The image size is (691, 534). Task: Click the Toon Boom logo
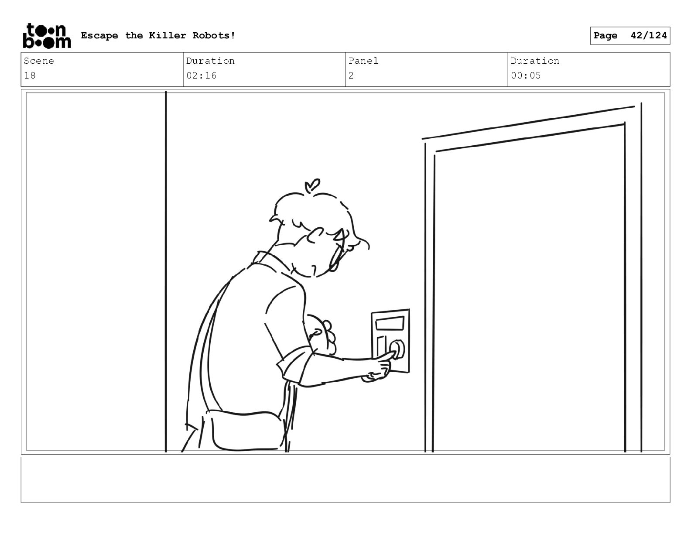(47, 36)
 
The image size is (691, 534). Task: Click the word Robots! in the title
(214, 35)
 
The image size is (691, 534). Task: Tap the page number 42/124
(649, 35)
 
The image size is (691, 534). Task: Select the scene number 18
(30, 75)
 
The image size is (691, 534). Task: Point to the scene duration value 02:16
(201, 75)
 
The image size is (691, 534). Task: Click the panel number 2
(351, 75)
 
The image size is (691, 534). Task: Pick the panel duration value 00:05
(526, 75)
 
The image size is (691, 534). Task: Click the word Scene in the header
(39, 61)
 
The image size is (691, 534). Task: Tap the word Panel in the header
(363, 61)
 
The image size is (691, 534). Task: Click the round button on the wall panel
(397, 349)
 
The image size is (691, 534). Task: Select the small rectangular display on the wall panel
(390, 323)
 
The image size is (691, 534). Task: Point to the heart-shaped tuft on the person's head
(312, 185)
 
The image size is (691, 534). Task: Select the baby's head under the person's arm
(321, 334)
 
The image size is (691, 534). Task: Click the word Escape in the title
(99, 36)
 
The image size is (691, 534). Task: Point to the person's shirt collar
(270, 259)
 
